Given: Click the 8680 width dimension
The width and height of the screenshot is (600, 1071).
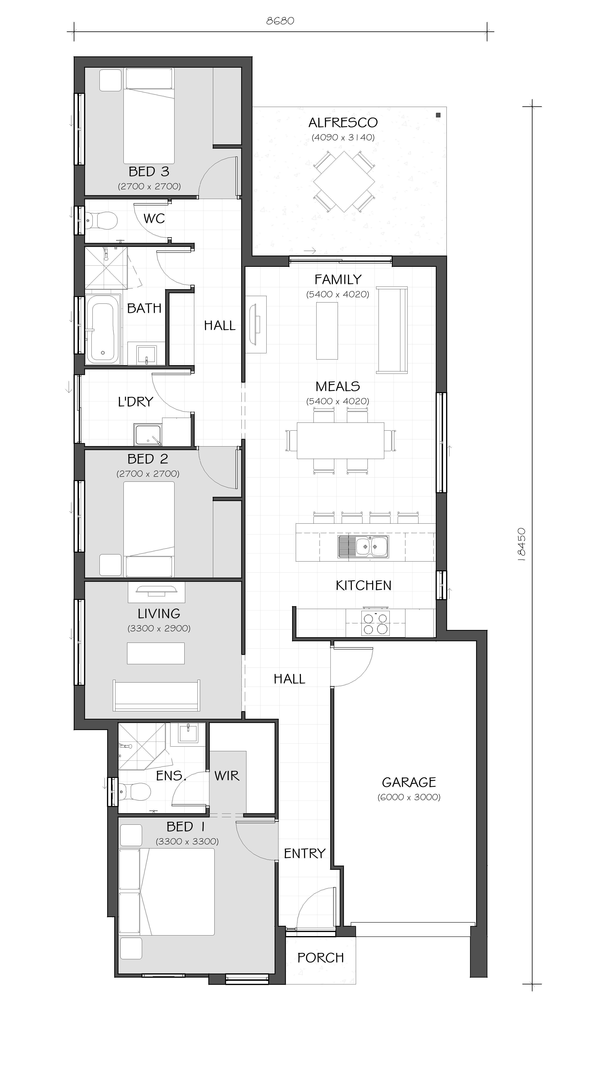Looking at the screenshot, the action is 280,21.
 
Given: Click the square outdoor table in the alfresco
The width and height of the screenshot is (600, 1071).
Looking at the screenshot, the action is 344,182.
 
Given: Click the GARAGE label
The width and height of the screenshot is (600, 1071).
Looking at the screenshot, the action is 409,782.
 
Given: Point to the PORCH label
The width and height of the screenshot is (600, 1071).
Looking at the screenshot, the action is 321,957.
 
